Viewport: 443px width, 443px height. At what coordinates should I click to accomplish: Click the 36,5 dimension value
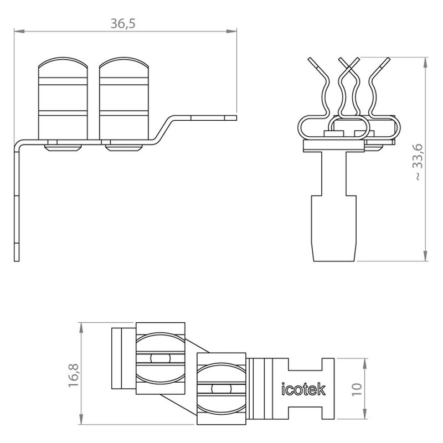click(x=123, y=23)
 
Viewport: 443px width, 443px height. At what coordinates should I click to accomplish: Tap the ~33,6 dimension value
click(x=419, y=162)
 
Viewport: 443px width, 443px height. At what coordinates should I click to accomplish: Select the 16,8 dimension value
click(x=74, y=375)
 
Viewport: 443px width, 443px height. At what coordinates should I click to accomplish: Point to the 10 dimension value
click(x=357, y=390)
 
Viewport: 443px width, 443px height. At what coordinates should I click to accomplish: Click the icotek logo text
click(x=303, y=389)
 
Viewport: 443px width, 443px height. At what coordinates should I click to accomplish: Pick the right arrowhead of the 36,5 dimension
click(x=231, y=31)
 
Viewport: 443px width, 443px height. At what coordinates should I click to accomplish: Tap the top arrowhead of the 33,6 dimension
click(x=425, y=63)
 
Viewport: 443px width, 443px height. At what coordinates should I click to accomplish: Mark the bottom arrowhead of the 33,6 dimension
click(x=425, y=256)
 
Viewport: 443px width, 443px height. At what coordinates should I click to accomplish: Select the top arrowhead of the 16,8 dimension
click(x=81, y=328)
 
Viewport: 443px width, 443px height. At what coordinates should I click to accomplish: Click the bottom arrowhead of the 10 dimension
click(x=365, y=414)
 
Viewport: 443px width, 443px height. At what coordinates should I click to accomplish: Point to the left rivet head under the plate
click(x=63, y=148)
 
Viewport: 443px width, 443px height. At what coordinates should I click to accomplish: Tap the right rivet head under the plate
click(x=124, y=148)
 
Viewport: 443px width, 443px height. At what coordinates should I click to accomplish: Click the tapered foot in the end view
click(x=334, y=228)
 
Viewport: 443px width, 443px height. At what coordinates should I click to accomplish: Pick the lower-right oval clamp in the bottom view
click(x=221, y=389)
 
